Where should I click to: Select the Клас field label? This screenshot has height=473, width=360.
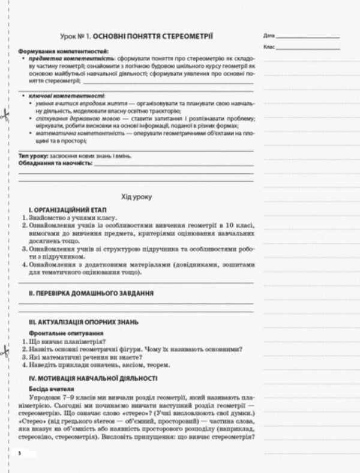point(268,47)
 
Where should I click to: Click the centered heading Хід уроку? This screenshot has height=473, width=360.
point(137,197)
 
